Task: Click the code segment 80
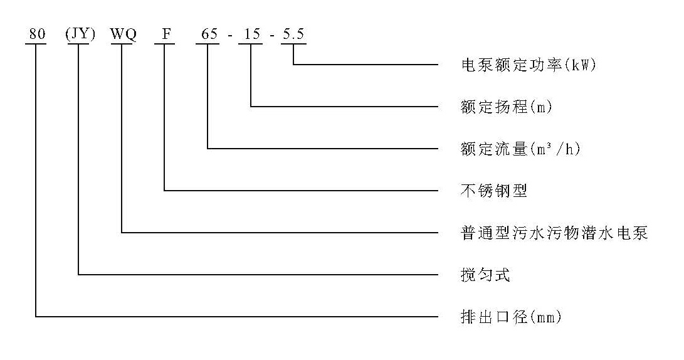tap(37, 34)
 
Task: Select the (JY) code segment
tap(80, 34)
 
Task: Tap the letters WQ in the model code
tap(124, 34)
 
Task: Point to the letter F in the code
tap(166, 34)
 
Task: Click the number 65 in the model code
tap(209, 34)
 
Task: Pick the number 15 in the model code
tap(252, 34)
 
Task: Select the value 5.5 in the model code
tap(293, 34)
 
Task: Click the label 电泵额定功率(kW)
tap(529, 65)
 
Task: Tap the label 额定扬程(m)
tap(507, 107)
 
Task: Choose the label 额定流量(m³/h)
tap(520, 149)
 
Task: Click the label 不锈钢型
tap(494, 191)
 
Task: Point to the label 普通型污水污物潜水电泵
tap(554, 233)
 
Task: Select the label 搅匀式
tap(485, 275)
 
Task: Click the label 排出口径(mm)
tap(511, 317)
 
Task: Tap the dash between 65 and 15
tap(230, 35)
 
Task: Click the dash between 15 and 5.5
tap(272, 35)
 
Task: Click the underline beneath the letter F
tap(164, 44)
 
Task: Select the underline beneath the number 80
tap(36, 44)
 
